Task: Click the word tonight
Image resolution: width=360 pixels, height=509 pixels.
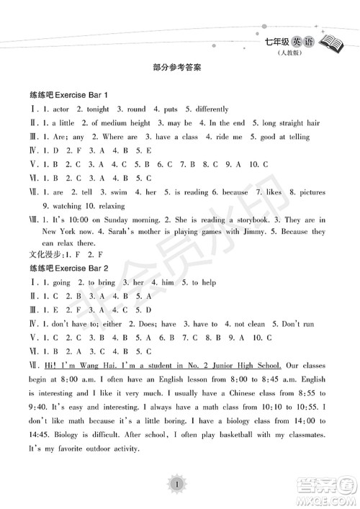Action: pos(97,109)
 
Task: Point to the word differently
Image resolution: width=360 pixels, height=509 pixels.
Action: pos(208,109)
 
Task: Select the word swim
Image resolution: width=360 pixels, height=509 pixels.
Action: pos(119,193)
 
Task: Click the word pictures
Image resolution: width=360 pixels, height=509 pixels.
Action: pos(310,193)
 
